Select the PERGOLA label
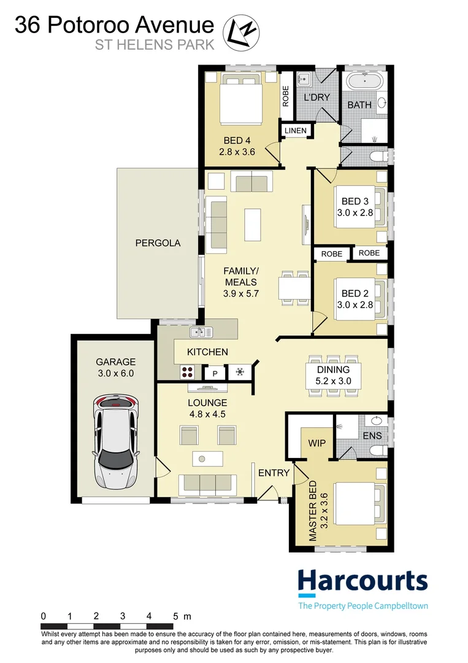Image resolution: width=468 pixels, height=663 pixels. pyautogui.click(x=158, y=243)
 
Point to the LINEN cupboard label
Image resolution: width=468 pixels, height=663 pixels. pyautogui.click(x=296, y=131)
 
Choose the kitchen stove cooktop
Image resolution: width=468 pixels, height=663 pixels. pyautogui.click(x=188, y=372)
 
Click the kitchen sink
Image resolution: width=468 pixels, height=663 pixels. pyautogui.click(x=201, y=332)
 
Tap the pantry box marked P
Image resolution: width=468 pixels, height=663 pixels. pyautogui.click(x=215, y=373)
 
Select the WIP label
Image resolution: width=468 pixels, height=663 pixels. pyautogui.click(x=317, y=443)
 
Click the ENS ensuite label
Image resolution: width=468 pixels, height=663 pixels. pyautogui.click(x=372, y=436)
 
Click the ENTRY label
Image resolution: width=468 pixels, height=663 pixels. pyautogui.click(x=274, y=473)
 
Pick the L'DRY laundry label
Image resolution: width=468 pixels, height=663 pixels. pyautogui.click(x=316, y=97)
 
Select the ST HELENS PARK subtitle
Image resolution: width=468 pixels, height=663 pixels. pyautogui.click(x=155, y=45)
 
